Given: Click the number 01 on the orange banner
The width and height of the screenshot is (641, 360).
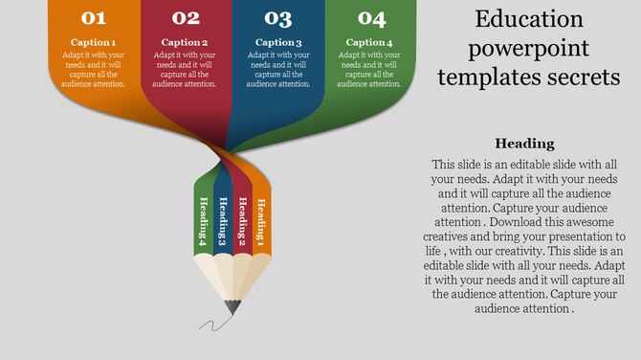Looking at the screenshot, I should (x=93, y=18).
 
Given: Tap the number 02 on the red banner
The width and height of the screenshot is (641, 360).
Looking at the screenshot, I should (x=186, y=18).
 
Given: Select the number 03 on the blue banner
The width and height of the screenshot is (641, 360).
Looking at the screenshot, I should (x=278, y=18).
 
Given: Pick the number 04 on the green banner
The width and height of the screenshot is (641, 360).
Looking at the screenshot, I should (x=371, y=18).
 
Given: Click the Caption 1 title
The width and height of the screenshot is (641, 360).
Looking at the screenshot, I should (x=93, y=43).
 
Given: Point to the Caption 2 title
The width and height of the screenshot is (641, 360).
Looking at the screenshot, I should (x=185, y=43).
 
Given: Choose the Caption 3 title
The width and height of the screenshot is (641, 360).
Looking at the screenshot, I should (x=278, y=43).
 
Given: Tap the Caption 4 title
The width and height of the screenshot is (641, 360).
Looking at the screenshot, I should (x=369, y=43).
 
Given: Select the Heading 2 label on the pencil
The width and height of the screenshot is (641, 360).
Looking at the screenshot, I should (x=241, y=220).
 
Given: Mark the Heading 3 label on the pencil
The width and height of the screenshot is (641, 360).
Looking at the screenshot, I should (x=223, y=221).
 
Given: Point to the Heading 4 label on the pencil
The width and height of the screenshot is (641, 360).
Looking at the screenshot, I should (x=204, y=220).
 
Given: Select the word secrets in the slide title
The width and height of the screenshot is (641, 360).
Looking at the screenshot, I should (x=577, y=77).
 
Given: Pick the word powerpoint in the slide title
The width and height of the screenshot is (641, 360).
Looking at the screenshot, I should (x=528, y=48).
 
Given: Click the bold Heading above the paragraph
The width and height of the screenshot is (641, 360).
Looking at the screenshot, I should (x=525, y=144).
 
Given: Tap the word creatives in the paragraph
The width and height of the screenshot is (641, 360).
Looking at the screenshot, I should (x=459, y=236).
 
